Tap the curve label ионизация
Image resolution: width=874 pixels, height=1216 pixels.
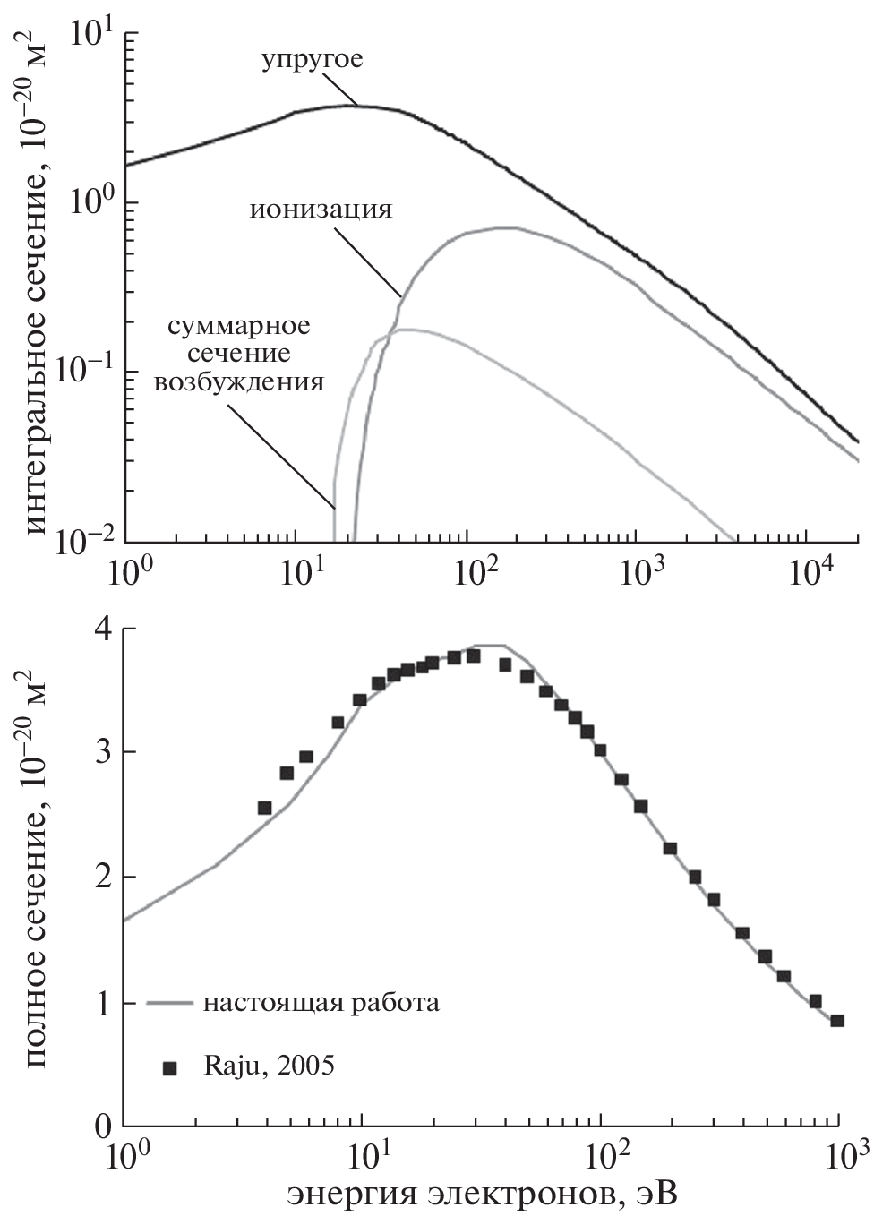[x=321, y=210]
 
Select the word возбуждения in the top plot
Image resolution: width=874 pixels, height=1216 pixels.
[x=239, y=382]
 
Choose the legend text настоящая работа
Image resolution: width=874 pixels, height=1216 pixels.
[x=321, y=1002]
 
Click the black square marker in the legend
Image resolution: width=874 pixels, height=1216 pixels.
[x=170, y=1067]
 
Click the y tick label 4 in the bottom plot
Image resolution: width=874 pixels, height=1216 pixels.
[x=103, y=629]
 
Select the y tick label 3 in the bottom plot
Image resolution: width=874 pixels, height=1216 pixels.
[x=103, y=752]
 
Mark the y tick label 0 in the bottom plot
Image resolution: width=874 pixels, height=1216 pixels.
[x=103, y=1125]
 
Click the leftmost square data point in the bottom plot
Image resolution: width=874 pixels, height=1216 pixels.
[x=264, y=808]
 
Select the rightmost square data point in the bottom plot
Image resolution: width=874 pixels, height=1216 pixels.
[x=837, y=1020]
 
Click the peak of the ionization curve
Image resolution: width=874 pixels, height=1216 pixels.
[x=506, y=227]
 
